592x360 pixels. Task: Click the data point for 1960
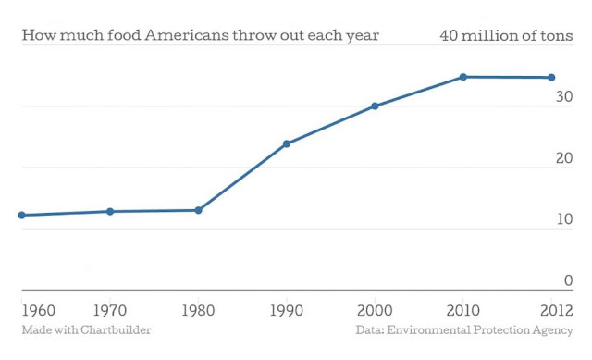pyautogui.click(x=22, y=215)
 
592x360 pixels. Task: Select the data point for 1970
pyautogui.click(x=110, y=212)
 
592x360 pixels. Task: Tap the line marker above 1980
pyautogui.click(x=198, y=210)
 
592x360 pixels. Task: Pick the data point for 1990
pyautogui.click(x=287, y=143)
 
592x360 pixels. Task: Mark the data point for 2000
pyautogui.click(x=375, y=106)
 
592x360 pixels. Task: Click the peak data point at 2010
pyautogui.click(x=463, y=77)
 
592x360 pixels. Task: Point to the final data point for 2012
pyautogui.click(x=551, y=78)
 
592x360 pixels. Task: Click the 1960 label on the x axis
pyautogui.click(x=39, y=311)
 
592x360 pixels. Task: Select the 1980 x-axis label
pyautogui.click(x=198, y=311)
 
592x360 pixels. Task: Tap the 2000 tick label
pyautogui.click(x=375, y=311)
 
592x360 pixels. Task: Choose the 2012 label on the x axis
pyautogui.click(x=557, y=311)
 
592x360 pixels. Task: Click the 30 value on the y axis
pyautogui.click(x=564, y=96)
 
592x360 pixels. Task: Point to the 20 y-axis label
pyautogui.click(x=564, y=158)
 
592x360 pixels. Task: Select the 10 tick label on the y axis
pyautogui.click(x=565, y=219)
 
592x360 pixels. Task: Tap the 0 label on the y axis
pyautogui.click(x=569, y=280)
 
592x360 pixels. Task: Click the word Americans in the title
pyautogui.click(x=187, y=35)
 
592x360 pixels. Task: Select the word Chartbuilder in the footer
pyautogui.click(x=116, y=329)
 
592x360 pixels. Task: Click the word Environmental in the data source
pyautogui.click(x=428, y=329)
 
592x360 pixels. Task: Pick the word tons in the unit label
pyautogui.click(x=557, y=36)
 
